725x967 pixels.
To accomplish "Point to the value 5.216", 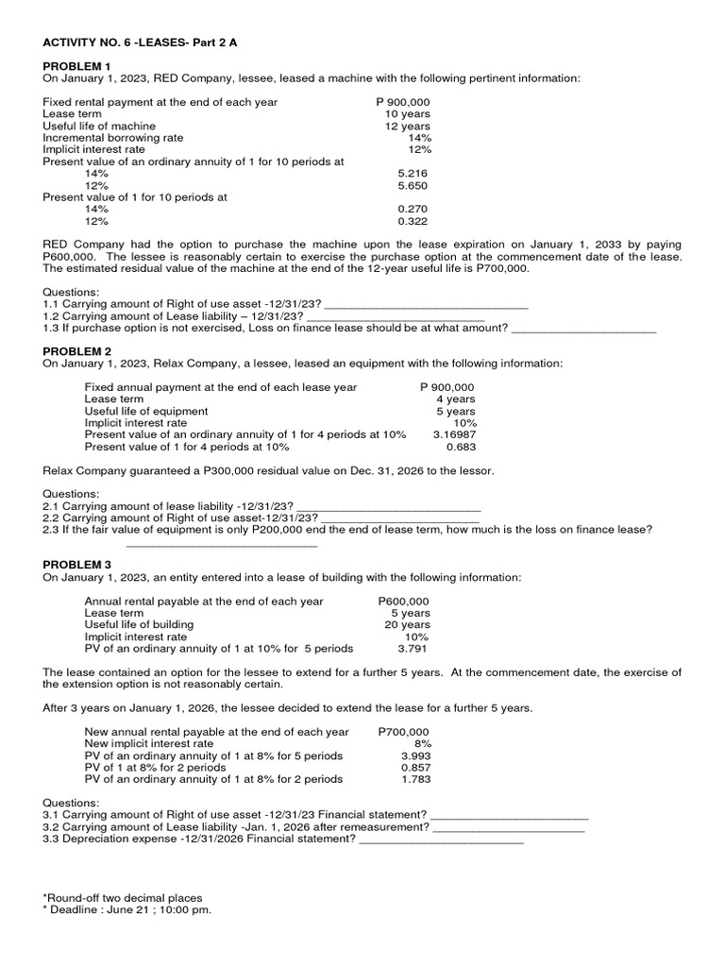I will click(x=414, y=174).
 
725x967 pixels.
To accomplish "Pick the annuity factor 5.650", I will click(x=414, y=186).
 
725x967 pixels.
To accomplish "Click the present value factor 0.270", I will click(x=414, y=209).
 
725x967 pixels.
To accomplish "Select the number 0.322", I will click(x=414, y=221).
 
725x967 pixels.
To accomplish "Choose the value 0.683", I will click(x=460, y=447).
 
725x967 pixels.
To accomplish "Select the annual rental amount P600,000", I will click(x=403, y=601).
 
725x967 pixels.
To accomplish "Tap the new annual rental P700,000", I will click(x=403, y=732).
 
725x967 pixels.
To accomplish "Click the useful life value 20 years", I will click(x=408, y=624).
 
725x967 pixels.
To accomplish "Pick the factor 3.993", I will click(x=415, y=755).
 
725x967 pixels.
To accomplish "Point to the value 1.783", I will click(x=415, y=779).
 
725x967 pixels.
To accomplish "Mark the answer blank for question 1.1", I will click(x=425, y=304).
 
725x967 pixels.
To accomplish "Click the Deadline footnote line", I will click(x=127, y=909).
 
